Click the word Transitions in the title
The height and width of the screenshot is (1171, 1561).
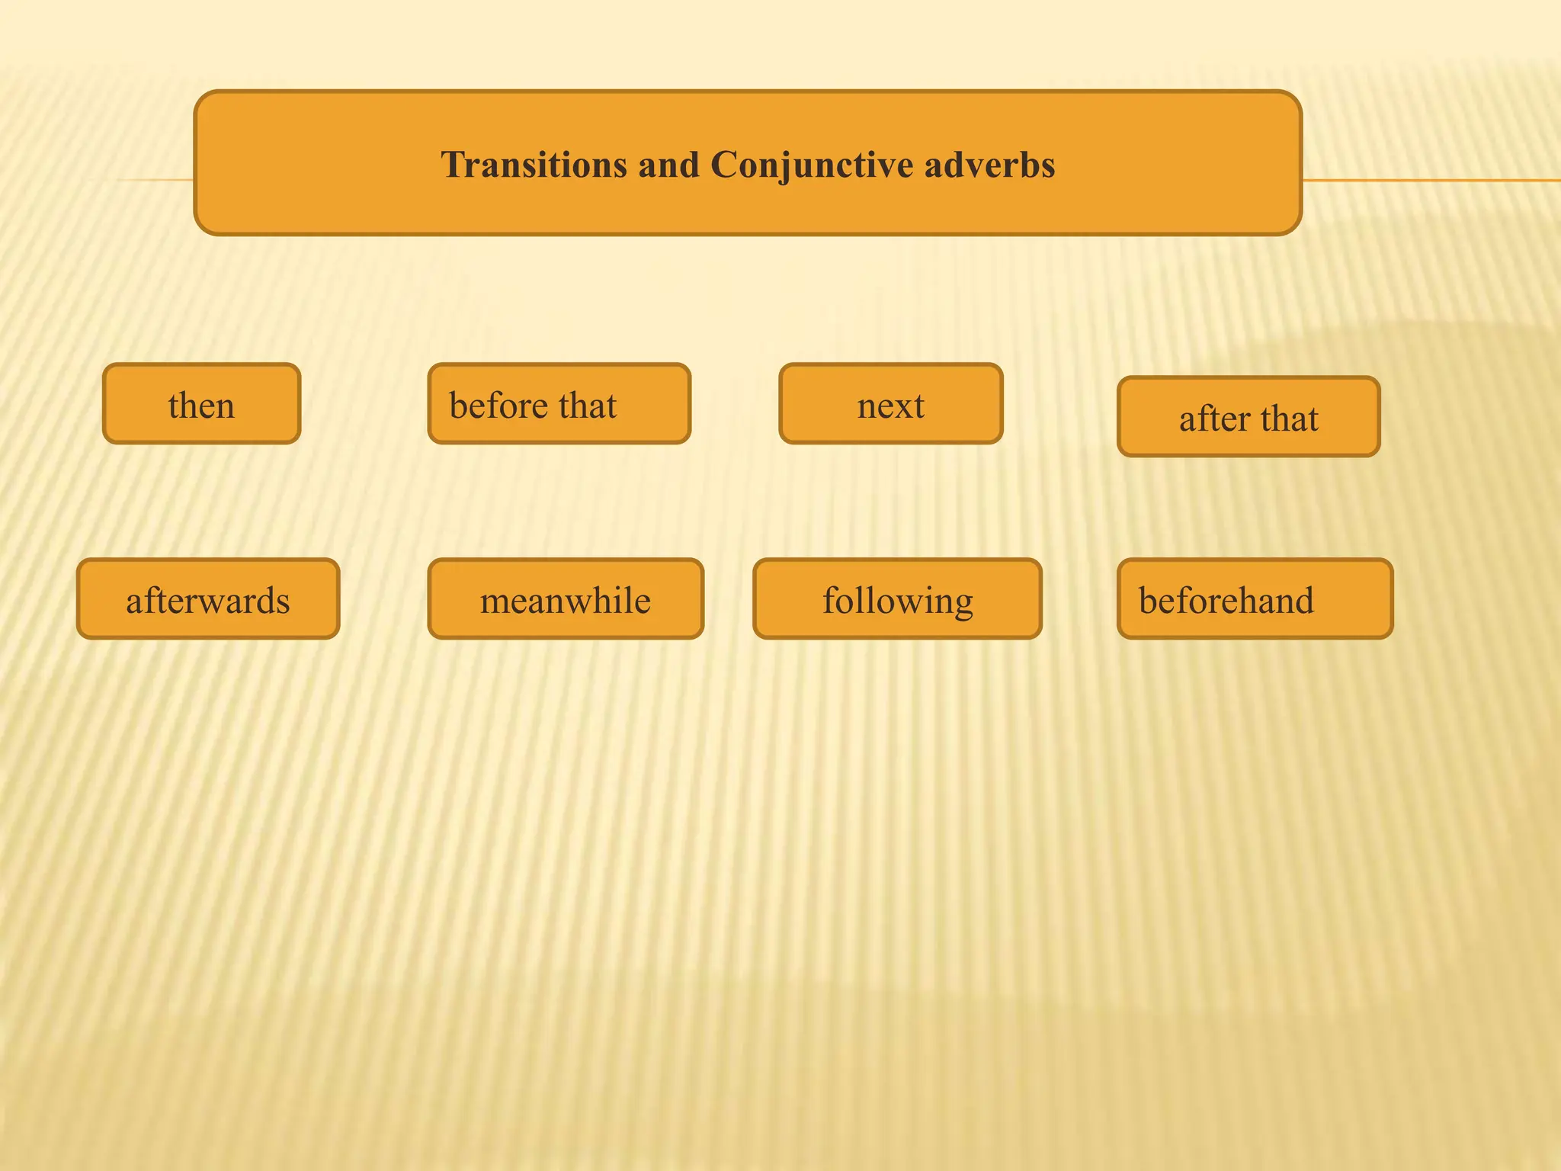[x=533, y=165]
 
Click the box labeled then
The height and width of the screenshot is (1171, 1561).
[x=201, y=404]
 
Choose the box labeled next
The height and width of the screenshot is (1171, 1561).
[x=890, y=404]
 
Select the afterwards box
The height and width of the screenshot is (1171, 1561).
[x=208, y=599]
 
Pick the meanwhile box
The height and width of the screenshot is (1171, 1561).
[x=566, y=599]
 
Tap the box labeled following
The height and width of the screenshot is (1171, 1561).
[x=897, y=599]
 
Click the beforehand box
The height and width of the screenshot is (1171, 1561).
[x=1255, y=599]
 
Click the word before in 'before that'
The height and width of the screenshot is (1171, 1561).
[x=497, y=405]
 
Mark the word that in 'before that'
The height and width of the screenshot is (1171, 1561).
[x=588, y=405]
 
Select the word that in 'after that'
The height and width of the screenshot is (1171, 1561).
[x=1289, y=419]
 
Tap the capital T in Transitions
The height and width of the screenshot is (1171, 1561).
[x=453, y=165]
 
